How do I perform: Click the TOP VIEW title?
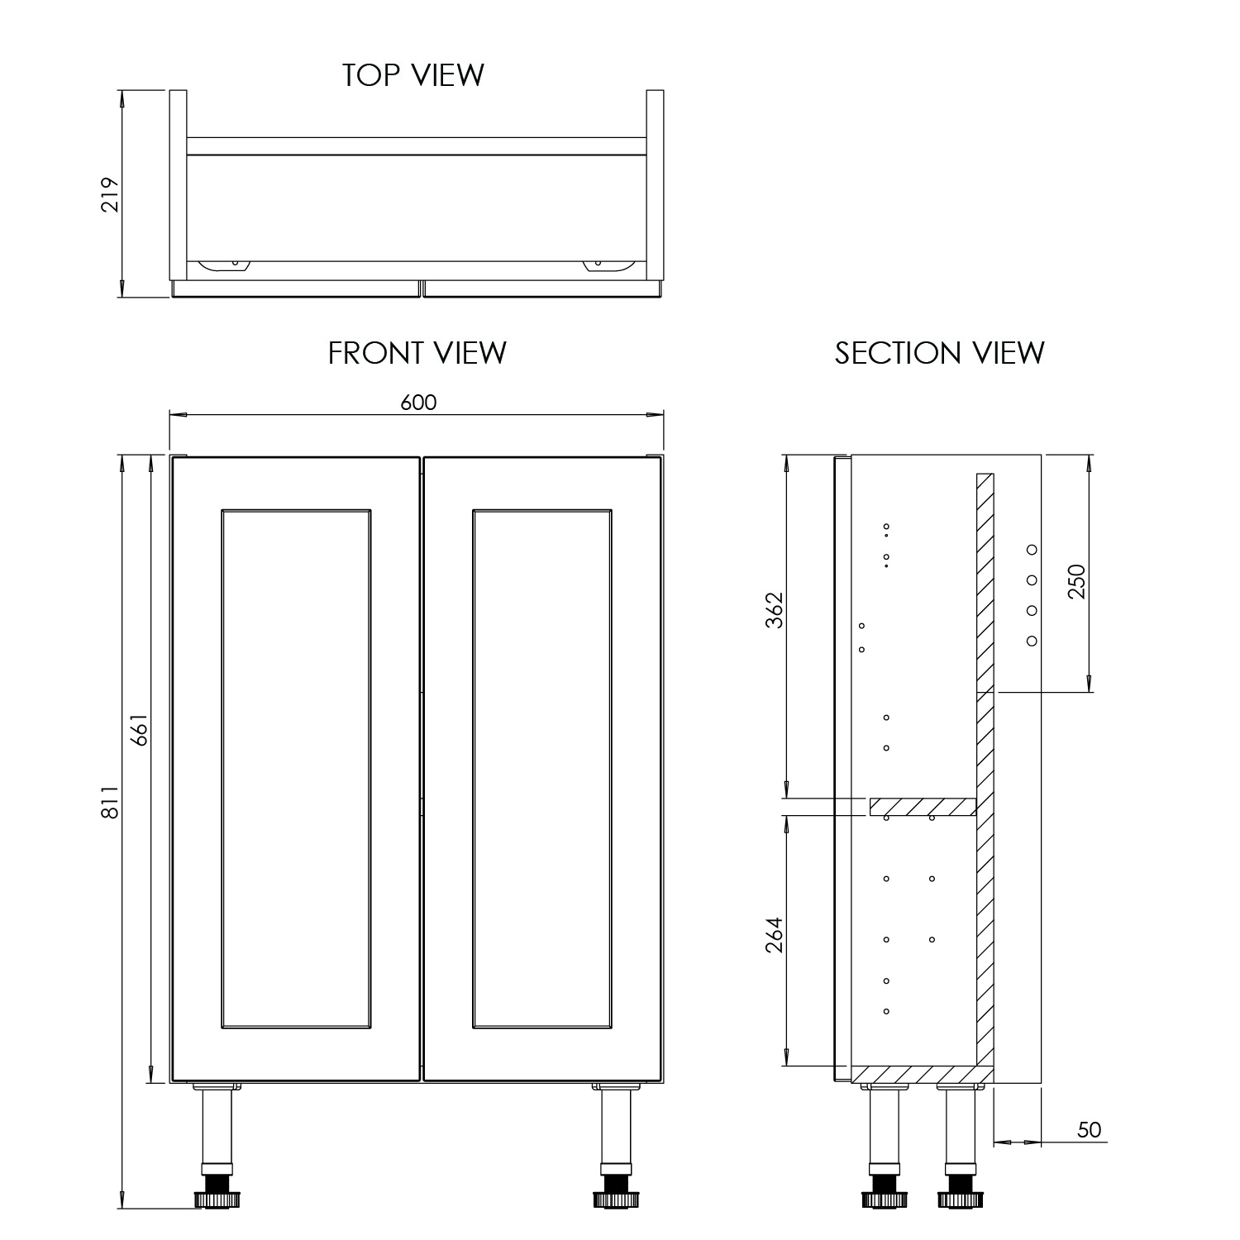413,75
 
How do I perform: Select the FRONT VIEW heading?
417,353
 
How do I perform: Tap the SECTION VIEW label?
939,353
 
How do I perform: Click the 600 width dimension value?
418,403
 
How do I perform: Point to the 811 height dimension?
111,802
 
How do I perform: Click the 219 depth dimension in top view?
111,195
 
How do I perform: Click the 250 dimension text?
1076,582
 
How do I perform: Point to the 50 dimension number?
1090,1129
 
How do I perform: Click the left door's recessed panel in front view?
296,769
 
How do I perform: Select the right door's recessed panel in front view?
542,769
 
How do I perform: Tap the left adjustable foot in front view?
217,1197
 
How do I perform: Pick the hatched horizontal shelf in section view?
923,807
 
